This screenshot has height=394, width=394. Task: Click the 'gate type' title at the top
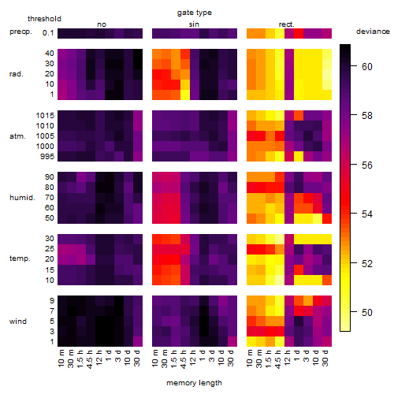pyautogui.click(x=195, y=13)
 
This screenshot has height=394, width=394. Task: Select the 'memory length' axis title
pyautogui.click(x=194, y=383)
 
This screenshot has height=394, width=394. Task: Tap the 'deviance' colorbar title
pyautogui.click(x=373, y=32)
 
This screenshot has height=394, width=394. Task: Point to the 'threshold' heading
pyautogui.click(x=44, y=19)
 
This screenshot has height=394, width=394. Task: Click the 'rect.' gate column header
pyautogui.click(x=286, y=24)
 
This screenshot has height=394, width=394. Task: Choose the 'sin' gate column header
pyautogui.click(x=194, y=24)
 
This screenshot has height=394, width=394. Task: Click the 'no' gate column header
pyautogui.click(x=102, y=24)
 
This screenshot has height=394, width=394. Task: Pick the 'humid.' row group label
pyautogui.click(x=22, y=198)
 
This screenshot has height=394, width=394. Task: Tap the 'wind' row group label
pyautogui.click(x=18, y=322)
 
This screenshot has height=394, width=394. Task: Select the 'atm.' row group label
pyautogui.click(x=17, y=136)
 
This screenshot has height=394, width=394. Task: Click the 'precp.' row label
pyautogui.click(x=20, y=32)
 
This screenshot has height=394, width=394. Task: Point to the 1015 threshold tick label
pyautogui.click(x=45, y=116)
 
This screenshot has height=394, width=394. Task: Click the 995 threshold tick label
pyautogui.click(x=47, y=157)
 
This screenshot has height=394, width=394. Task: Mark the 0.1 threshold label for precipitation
pyautogui.click(x=48, y=33)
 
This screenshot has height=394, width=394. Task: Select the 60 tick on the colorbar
pyautogui.click(x=367, y=67)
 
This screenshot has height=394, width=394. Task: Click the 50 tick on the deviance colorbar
pyautogui.click(x=367, y=313)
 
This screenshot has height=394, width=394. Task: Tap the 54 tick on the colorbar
pyautogui.click(x=367, y=214)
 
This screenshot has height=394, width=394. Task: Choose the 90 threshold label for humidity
pyautogui.click(x=50, y=177)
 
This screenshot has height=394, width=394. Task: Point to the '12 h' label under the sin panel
pyautogui.click(x=193, y=358)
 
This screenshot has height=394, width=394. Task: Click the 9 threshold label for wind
pyautogui.click(x=52, y=301)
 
